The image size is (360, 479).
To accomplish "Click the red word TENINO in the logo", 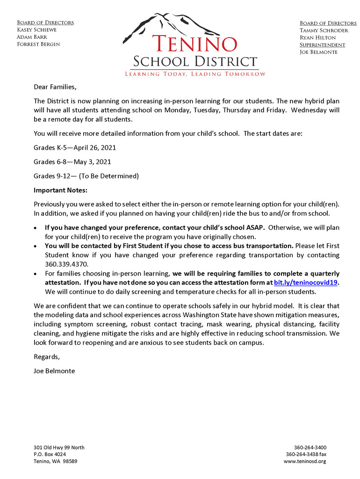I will click(x=194, y=44).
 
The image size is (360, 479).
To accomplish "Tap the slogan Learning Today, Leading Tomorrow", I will click(x=194, y=74).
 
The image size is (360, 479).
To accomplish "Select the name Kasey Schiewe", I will click(x=37, y=30).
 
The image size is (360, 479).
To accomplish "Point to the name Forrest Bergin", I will click(x=38, y=44).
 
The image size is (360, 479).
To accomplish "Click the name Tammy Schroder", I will click(x=324, y=30).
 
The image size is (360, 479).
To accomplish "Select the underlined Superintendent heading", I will click(x=322, y=45).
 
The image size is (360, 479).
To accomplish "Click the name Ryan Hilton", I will click(x=317, y=37).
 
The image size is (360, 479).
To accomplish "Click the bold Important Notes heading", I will click(x=60, y=190).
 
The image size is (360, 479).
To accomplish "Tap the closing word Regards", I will click(x=47, y=356).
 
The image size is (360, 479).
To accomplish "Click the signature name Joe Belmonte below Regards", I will click(x=54, y=371).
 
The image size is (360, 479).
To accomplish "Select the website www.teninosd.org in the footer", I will click(x=305, y=461).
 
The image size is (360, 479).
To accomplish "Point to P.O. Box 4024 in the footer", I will click(x=50, y=454).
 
